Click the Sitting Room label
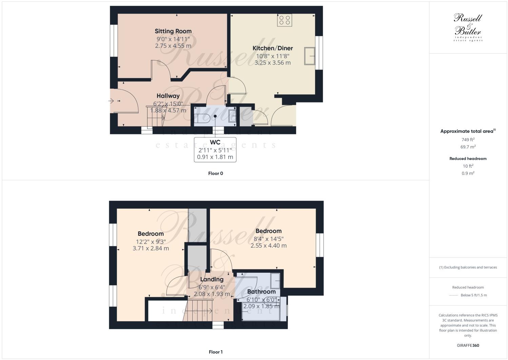click(x=173, y=31)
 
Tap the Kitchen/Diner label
click(x=273, y=48)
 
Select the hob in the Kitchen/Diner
click(x=285, y=20)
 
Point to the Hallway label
click(x=168, y=96)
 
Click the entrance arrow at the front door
click(x=111, y=101)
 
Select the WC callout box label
click(x=215, y=142)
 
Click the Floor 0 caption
click(x=215, y=173)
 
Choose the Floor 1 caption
click(x=215, y=352)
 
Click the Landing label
click(x=212, y=279)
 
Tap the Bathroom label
click(x=261, y=292)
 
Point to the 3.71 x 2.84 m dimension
click(x=151, y=248)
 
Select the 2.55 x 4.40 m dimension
click(x=268, y=246)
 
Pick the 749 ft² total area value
click(x=468, y=139)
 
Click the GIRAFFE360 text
click(x=468, y=345)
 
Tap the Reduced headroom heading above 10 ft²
click(x=468, y=158)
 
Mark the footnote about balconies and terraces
click(x=468, y=267)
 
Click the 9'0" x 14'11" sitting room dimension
click(x=173, y=39)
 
